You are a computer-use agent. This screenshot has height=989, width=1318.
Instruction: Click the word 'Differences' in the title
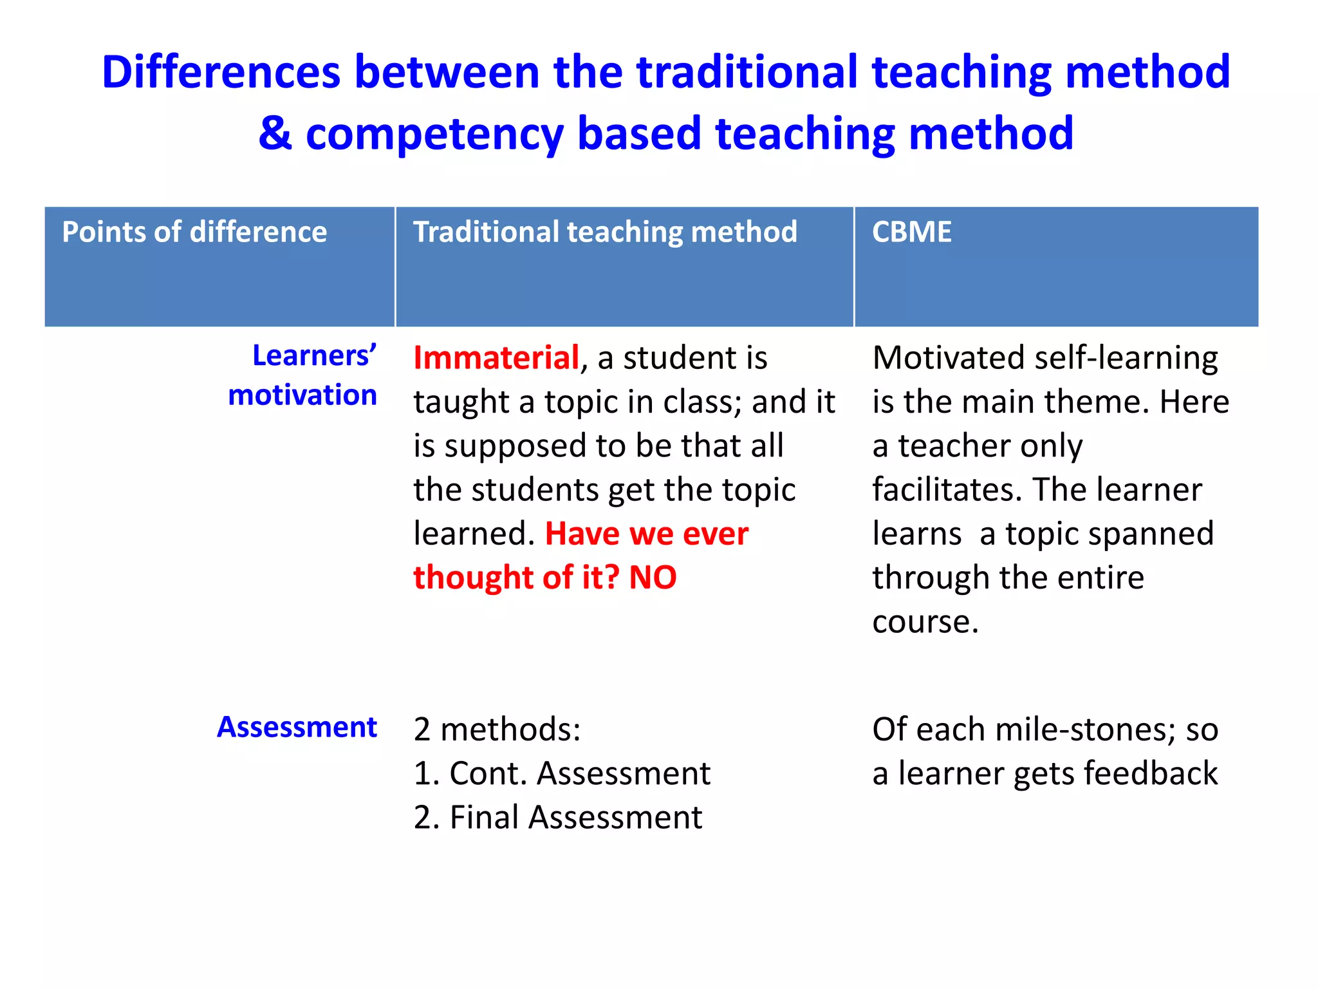(221, 71)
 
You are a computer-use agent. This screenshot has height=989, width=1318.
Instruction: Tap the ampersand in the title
(275, 133)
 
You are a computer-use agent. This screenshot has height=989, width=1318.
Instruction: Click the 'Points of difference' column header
(194, 232)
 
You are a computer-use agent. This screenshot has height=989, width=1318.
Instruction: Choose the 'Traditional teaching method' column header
(605, 232)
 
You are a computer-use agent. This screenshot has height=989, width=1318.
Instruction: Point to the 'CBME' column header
(911, 232)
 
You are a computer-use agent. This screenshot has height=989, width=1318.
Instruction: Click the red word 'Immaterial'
(496, 357)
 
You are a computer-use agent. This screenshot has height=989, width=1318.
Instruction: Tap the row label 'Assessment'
(297, 727)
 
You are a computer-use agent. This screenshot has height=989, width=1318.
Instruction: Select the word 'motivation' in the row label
(302, 395)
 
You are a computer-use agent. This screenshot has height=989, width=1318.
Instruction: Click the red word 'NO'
(653, 578)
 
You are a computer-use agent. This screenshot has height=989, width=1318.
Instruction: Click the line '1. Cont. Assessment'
(562, 773)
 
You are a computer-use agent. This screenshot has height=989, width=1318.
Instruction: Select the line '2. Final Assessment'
(557, 817)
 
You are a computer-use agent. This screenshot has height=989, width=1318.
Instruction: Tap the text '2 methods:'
(497, 730)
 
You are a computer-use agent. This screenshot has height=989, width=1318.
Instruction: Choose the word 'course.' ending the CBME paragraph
(925, 622)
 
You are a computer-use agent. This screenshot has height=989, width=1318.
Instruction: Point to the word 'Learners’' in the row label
(314, 355)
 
